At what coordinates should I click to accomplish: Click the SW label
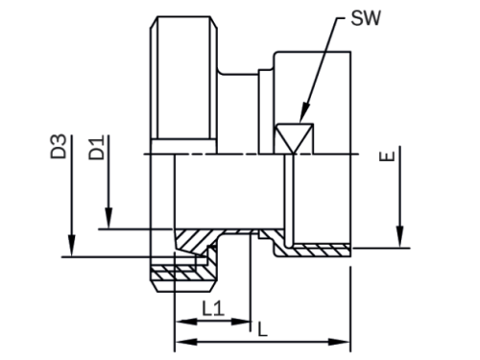click(x=366, y=18)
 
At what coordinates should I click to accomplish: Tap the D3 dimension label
click(x=59, y=146)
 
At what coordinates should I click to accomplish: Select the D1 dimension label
click(x=96, y=148)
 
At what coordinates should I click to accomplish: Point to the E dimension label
click(x=387, y=156)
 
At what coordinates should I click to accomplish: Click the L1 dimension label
click(x=213, y=309)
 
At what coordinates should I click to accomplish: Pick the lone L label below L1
click(x=262, y=329)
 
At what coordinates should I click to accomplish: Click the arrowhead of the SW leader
click(x=304, y=112)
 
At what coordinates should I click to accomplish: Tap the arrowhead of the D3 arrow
click(x=72, y=246)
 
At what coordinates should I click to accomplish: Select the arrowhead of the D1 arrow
click(x=108, y=218)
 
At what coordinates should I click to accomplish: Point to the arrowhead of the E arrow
click(x=399, y=237)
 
